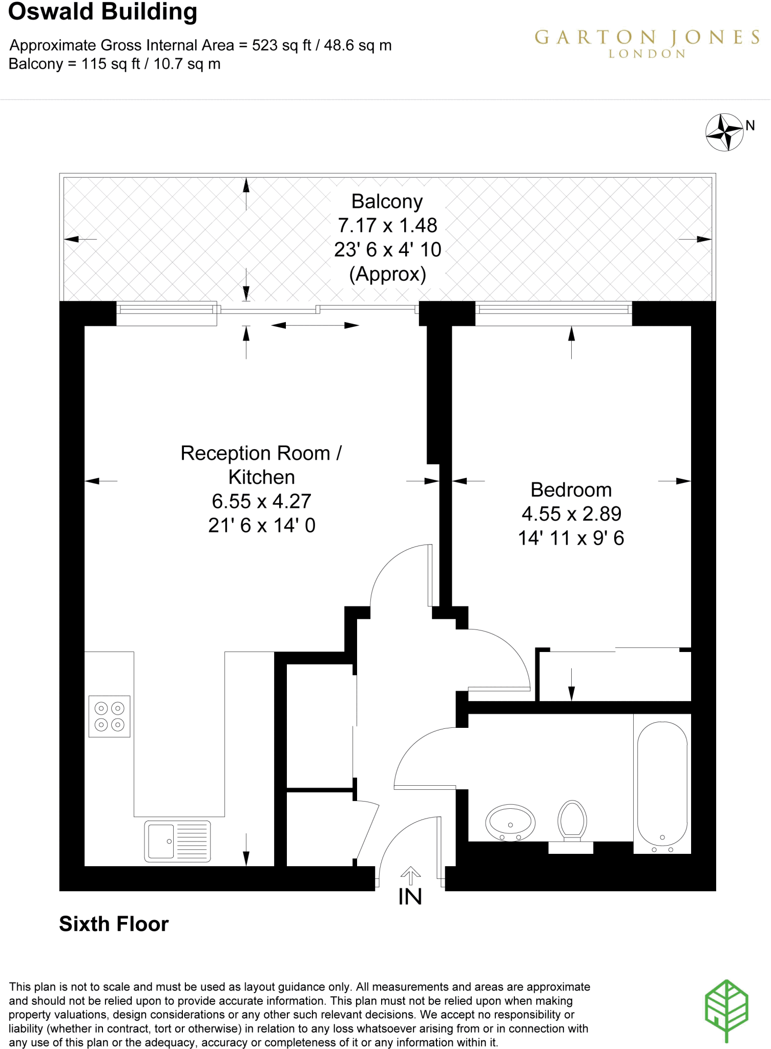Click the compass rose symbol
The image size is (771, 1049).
(x=724, y=133)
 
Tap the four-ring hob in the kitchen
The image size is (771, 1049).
(x=110, y=716)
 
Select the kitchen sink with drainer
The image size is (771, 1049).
(x=177, y=841)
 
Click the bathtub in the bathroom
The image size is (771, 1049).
(x=662, y=784)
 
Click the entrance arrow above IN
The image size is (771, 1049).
(x=410, y=875)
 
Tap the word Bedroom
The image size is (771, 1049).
(x=571, y=490)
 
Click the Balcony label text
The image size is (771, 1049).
(x=387, y=201)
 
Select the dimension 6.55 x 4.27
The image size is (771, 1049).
(x=261, y=501)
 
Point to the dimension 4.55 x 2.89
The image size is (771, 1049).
(x=571, y=514)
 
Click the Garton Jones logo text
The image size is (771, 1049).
(x=647, y=38)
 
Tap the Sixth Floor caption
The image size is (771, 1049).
(x=114, y=924)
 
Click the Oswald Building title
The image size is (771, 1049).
(x=102, y=12)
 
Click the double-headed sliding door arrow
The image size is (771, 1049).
(x=315, y=325)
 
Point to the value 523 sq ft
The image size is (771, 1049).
(x=281, y=45)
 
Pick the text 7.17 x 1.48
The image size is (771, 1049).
(x=387, y=225)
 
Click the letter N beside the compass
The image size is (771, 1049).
(x=751, y=125)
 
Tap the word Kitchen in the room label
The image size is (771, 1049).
(x=261, y=477)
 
